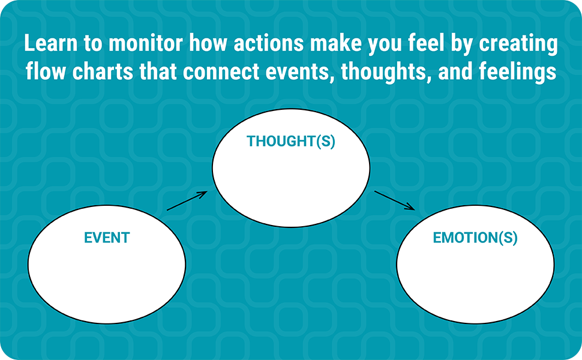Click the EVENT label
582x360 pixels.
(107, 238)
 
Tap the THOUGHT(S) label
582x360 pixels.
(291, 142)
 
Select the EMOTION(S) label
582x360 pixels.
(475, 238)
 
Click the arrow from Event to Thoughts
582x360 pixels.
(187, 201)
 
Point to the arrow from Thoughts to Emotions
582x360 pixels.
(395, 200)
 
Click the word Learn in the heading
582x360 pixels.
(51, 43)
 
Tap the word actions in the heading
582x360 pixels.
(269, 43)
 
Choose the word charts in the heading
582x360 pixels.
(103, 71)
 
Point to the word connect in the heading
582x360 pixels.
(221, 71)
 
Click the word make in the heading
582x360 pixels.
(336, 43)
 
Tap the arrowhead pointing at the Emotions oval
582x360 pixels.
(411, 207)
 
